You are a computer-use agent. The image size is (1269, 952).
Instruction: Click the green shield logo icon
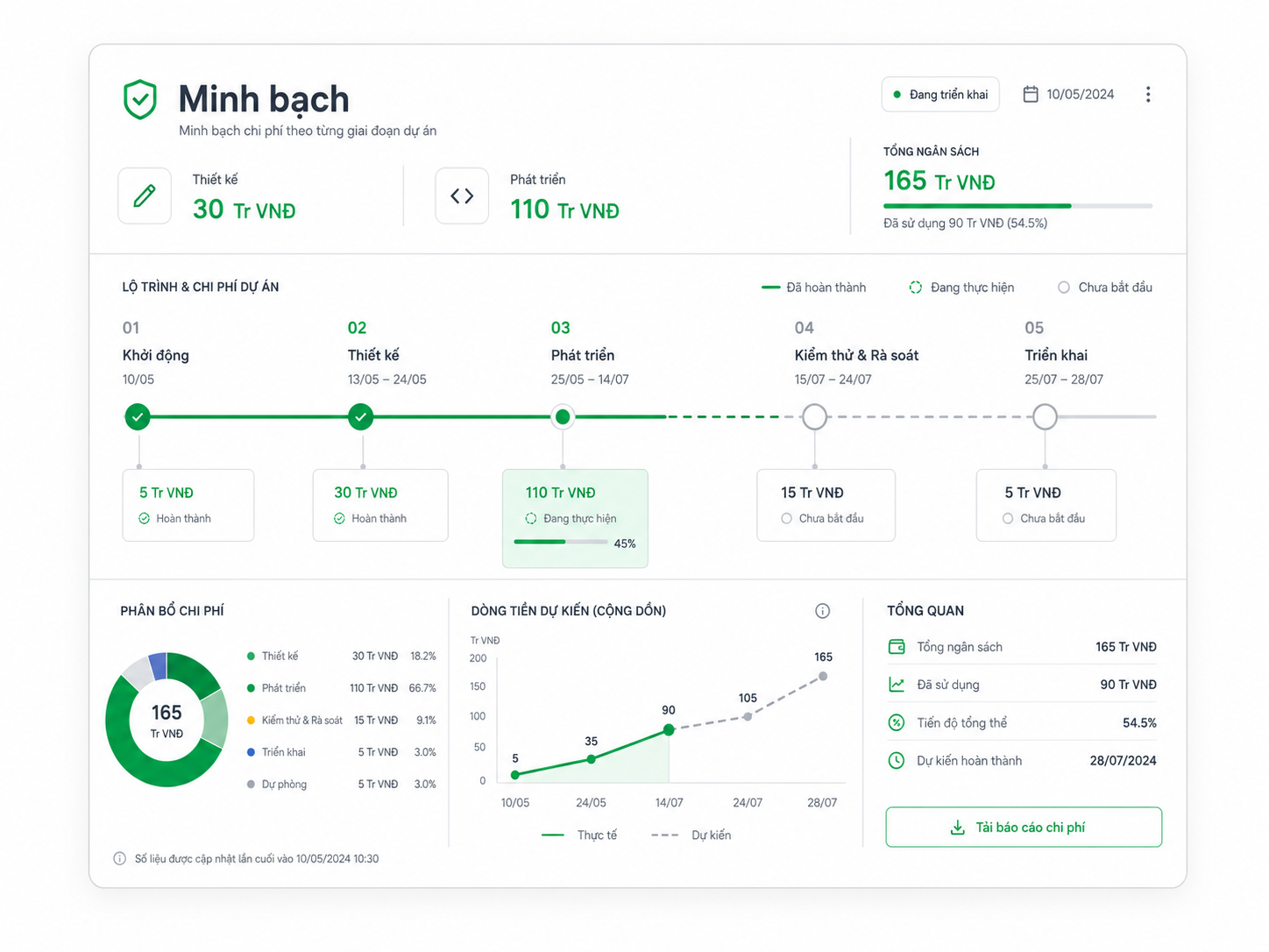click(x=140, y=99)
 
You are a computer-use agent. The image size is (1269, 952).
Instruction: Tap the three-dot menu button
click(x=1147, y=94)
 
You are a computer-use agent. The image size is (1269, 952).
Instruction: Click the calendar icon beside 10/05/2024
click(x=1031, y=94)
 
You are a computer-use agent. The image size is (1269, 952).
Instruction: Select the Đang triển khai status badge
click(x=940, y=94)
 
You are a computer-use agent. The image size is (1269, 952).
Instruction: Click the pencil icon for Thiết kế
click(x=145, y=196)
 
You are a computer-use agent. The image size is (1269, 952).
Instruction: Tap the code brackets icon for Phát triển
click(x=462, y=196)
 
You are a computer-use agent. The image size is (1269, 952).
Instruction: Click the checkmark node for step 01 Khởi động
click(x=138, y=416)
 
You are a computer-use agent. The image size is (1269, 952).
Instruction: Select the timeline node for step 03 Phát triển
click(x=563, y=416)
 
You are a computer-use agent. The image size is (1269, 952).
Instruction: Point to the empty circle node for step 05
click(x=1045, y=416)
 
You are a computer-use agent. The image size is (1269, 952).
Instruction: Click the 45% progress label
click(x=624, y=543)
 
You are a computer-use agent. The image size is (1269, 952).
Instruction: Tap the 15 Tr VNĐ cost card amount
click(x=812, y=493)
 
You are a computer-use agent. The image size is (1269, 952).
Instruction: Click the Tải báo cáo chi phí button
click(x=1024, y=828)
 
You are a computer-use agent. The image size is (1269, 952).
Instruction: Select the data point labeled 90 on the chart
click(x=669, y=729)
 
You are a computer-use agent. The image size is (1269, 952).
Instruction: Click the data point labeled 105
click(x=748, y=717)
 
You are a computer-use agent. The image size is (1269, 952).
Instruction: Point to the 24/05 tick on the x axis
click(x=591, y=802)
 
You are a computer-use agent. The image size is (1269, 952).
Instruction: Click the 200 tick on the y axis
click(x=479, y=657)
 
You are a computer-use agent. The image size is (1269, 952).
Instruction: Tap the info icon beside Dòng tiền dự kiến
click(x=822, y=611)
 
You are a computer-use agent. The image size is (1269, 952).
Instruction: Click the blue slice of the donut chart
click(x=158, y=666)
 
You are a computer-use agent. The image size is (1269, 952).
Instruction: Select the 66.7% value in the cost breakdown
click(x=422, y=688)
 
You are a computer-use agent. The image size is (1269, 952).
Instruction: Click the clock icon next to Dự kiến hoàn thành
click(x=897, y=760)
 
